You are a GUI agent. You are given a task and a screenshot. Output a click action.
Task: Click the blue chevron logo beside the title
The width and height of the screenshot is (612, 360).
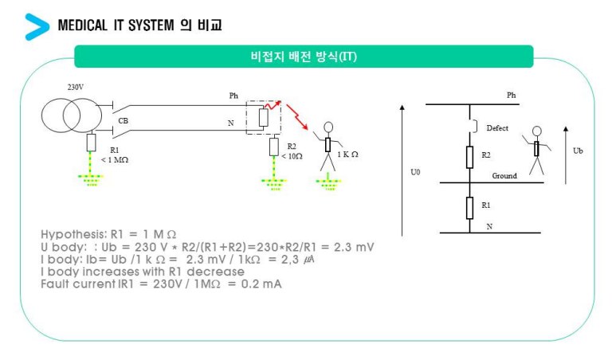(37, 26)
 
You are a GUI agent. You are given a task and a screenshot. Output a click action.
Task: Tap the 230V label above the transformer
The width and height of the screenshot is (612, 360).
(76, 88)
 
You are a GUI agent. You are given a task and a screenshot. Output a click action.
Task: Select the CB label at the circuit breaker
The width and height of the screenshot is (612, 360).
(124, 121)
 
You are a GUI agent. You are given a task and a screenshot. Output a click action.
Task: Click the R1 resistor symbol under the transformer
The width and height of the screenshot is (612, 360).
(91, 143)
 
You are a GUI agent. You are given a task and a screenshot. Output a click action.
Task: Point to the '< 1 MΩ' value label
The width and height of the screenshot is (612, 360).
(115, 160)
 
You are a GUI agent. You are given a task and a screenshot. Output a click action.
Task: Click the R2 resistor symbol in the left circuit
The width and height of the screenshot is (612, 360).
(274, 147)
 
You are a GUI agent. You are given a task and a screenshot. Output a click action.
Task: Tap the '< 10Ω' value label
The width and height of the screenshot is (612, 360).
(292, 156)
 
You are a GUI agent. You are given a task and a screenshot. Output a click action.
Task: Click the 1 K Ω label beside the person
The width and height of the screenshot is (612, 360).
(347, 155)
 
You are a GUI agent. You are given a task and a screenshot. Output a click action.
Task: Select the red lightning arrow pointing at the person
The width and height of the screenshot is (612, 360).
(297, 116)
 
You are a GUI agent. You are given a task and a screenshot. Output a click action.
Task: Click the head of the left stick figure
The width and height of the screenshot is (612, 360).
(328, 127)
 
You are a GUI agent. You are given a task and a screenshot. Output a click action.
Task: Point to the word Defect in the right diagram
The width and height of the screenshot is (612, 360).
(497, 128)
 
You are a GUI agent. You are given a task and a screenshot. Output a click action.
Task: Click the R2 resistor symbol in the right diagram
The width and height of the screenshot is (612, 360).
(470, 157)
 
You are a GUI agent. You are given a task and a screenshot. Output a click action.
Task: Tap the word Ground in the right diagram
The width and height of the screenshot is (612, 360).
(504, 176)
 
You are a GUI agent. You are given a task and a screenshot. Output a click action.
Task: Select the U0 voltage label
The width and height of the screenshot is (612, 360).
(415, 172)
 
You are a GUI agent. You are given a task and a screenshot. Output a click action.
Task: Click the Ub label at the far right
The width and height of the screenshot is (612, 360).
(578, 151)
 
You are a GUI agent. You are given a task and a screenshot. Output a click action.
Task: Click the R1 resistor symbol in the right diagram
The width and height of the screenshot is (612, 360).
(470, 208)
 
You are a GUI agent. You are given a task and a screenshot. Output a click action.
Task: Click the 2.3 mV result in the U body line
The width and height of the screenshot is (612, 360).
(354, 247)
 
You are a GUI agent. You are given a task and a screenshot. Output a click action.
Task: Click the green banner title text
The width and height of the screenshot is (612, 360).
(304, 57)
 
